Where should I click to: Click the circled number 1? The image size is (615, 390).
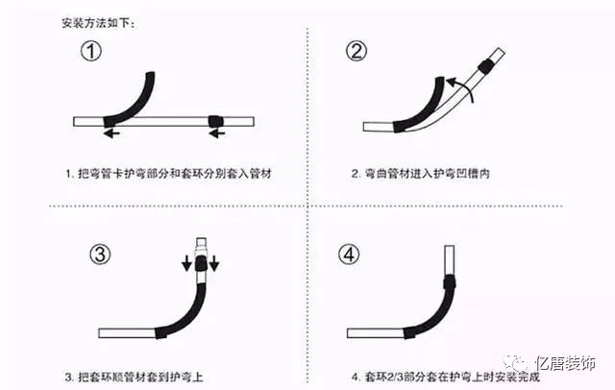tap(90, 54)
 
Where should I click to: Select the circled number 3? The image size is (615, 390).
tap(100, 254)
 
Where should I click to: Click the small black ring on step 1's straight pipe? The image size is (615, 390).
tap(214, 121)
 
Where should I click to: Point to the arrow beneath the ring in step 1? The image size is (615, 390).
tap(218, 134)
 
